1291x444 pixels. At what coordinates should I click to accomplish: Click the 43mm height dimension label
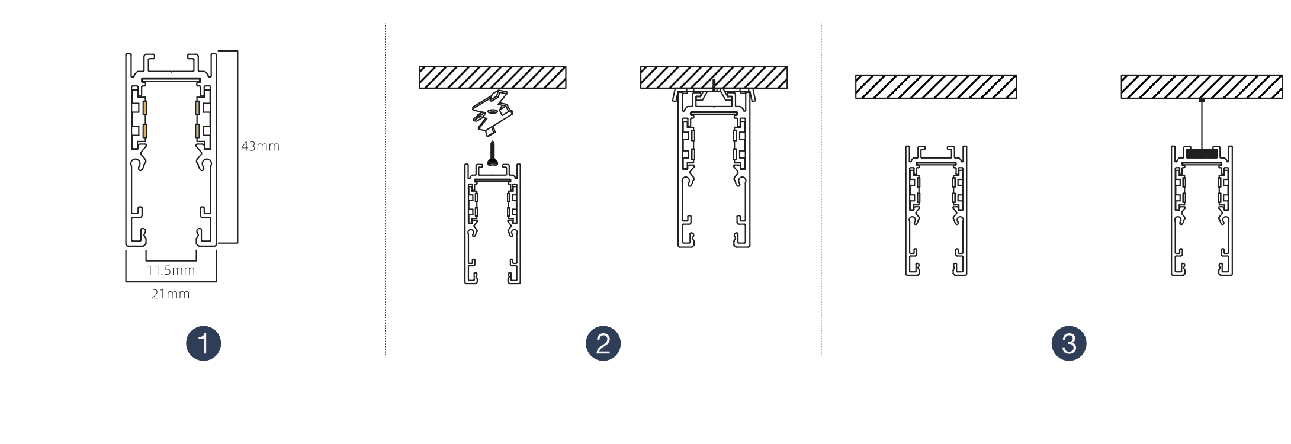260,146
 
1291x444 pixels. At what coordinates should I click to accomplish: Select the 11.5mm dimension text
171,271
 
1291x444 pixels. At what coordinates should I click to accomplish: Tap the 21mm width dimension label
171,294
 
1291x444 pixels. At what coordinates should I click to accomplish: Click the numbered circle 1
203,343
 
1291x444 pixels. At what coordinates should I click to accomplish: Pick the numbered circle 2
603,343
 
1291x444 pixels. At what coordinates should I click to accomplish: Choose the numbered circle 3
1069,343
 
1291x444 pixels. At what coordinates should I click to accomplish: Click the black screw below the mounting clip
492,153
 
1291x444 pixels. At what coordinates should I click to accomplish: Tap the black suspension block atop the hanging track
1202,153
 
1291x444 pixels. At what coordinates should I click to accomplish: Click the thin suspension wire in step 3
1202,124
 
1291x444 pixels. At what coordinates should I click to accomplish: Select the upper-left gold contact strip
144,108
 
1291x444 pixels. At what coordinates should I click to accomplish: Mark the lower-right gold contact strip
197,131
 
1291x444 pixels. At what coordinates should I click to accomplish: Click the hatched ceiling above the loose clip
492,78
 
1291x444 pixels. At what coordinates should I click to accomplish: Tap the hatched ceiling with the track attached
714,78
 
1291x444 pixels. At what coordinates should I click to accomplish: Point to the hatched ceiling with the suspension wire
1202,86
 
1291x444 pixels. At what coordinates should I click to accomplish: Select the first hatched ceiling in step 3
936,86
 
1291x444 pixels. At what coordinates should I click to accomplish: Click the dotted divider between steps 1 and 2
386,189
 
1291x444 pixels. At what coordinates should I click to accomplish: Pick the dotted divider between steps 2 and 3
821,189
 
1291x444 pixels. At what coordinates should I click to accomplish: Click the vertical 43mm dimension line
237,147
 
